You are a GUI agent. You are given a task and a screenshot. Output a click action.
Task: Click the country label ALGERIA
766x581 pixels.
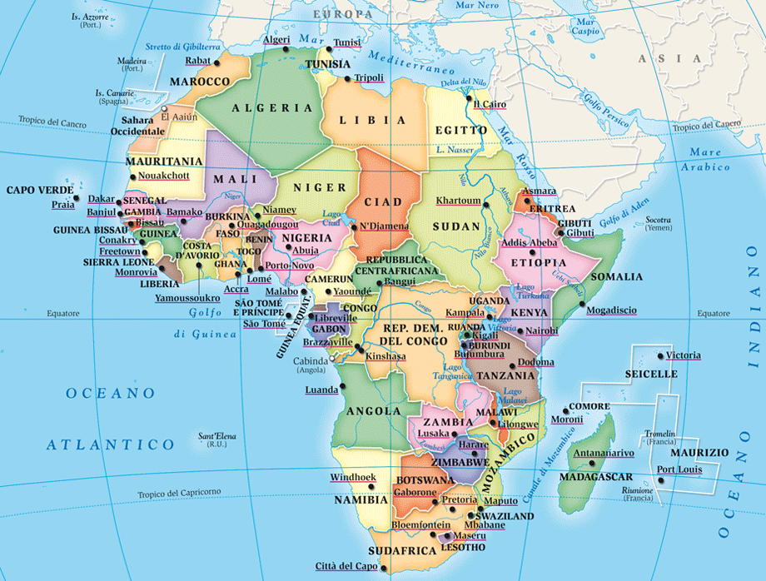(272, 108)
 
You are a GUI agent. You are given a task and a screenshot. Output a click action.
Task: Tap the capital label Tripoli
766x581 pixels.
(369, 78)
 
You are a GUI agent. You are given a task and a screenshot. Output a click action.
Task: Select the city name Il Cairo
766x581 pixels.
(490, 104)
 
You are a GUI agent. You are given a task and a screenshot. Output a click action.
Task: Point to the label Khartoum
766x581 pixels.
(459, 201)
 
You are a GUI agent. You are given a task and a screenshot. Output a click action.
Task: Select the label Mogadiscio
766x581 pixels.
(611, 310)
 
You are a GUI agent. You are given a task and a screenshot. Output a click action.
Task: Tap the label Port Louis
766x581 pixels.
(679, 469)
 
